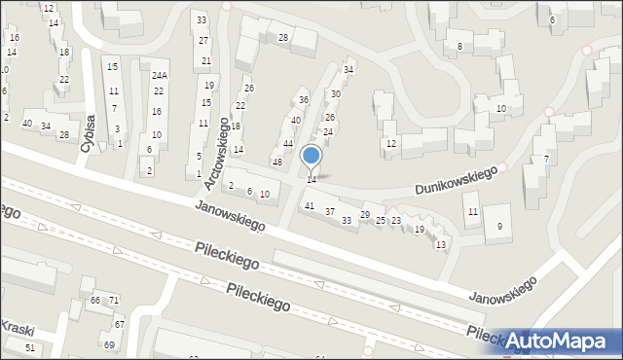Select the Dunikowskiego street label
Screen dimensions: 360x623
tap(455, 180)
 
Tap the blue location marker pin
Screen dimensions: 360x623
tap(311, 156)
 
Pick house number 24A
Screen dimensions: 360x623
tap(159, 75)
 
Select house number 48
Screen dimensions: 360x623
tap(276, 162)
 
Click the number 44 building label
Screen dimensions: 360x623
tap(288, 143)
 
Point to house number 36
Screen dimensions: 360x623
tap(303, 100)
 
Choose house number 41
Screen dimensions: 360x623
tap(310, 205)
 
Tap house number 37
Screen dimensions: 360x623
tap(330, 211)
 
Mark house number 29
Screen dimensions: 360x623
tap(365, 214)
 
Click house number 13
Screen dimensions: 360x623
tap(441, 244)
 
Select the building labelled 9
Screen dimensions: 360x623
tap(499, 227)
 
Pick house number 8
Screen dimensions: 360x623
tap(458, 46)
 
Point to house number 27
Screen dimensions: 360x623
tap(203, 40)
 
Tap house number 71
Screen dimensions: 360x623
tap(113, 300)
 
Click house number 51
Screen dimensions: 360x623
tap(30, 347)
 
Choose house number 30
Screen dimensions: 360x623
tap(335, 93)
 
